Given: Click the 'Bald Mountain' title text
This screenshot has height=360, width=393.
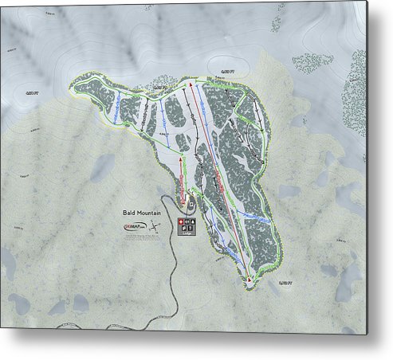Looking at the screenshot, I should tap(142, 213).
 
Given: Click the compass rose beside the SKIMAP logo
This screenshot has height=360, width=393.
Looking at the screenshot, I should tap(154, 225).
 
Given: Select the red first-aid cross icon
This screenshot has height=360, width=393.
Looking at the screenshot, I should tap(180, 220).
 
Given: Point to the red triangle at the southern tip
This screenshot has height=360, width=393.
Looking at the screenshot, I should tap(250, 280).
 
